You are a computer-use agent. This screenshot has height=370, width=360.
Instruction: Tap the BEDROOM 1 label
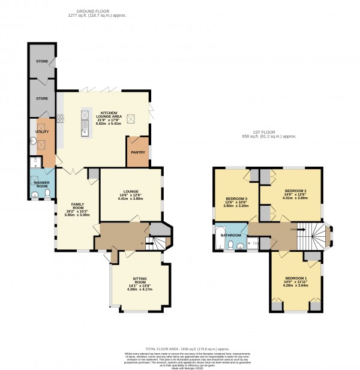(296, 279)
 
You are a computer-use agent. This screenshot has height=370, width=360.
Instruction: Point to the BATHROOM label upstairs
(231, 235)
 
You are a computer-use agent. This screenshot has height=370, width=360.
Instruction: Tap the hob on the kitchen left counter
(61, 118)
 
